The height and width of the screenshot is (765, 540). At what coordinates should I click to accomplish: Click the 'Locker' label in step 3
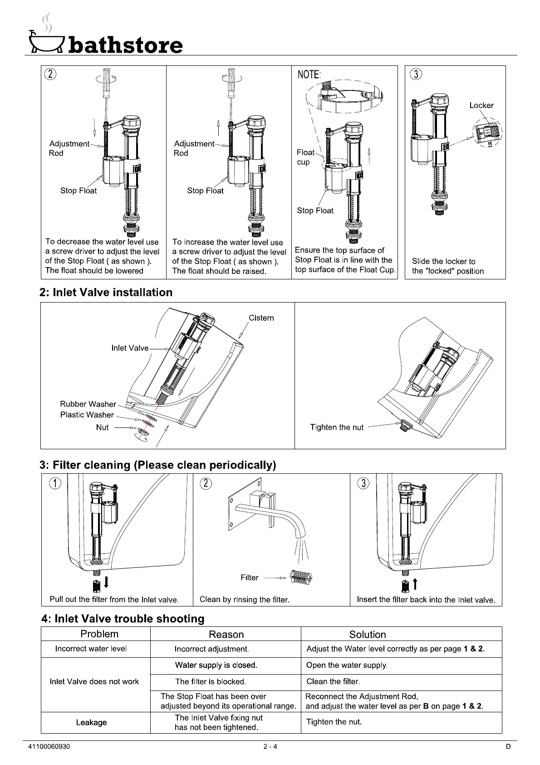[481, 105]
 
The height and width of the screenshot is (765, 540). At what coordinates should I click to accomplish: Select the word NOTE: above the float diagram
[309, 75]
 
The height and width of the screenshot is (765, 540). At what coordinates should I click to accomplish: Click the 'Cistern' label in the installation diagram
[261, 318]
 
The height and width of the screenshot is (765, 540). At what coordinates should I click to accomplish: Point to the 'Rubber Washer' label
[88, 404]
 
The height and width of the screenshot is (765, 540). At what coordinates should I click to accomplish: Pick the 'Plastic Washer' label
[87, 415]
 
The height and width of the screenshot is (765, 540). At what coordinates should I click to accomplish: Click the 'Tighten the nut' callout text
[337, 427]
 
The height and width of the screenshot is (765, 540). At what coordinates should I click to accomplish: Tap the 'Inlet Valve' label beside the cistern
[130, 348]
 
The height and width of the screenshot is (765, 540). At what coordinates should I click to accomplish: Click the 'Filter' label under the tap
[249, 577]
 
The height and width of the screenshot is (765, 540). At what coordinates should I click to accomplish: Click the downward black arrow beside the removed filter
[106, 582]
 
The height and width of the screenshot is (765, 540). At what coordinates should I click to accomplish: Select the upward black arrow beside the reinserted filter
[414, 583]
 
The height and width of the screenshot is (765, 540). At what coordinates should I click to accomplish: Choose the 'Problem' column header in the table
[99, 634]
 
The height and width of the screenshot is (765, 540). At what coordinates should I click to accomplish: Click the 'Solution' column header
[368, 635]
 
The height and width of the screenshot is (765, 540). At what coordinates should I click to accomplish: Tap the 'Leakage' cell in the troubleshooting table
[91, 722]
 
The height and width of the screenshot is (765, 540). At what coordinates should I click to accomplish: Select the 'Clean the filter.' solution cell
[333, 681]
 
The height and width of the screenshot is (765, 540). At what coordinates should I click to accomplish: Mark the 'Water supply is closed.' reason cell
[216, 665]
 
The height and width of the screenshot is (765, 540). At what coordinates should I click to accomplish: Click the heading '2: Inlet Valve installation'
[106, 293]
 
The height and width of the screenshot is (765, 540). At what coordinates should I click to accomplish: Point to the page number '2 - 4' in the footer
[270, 746]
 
